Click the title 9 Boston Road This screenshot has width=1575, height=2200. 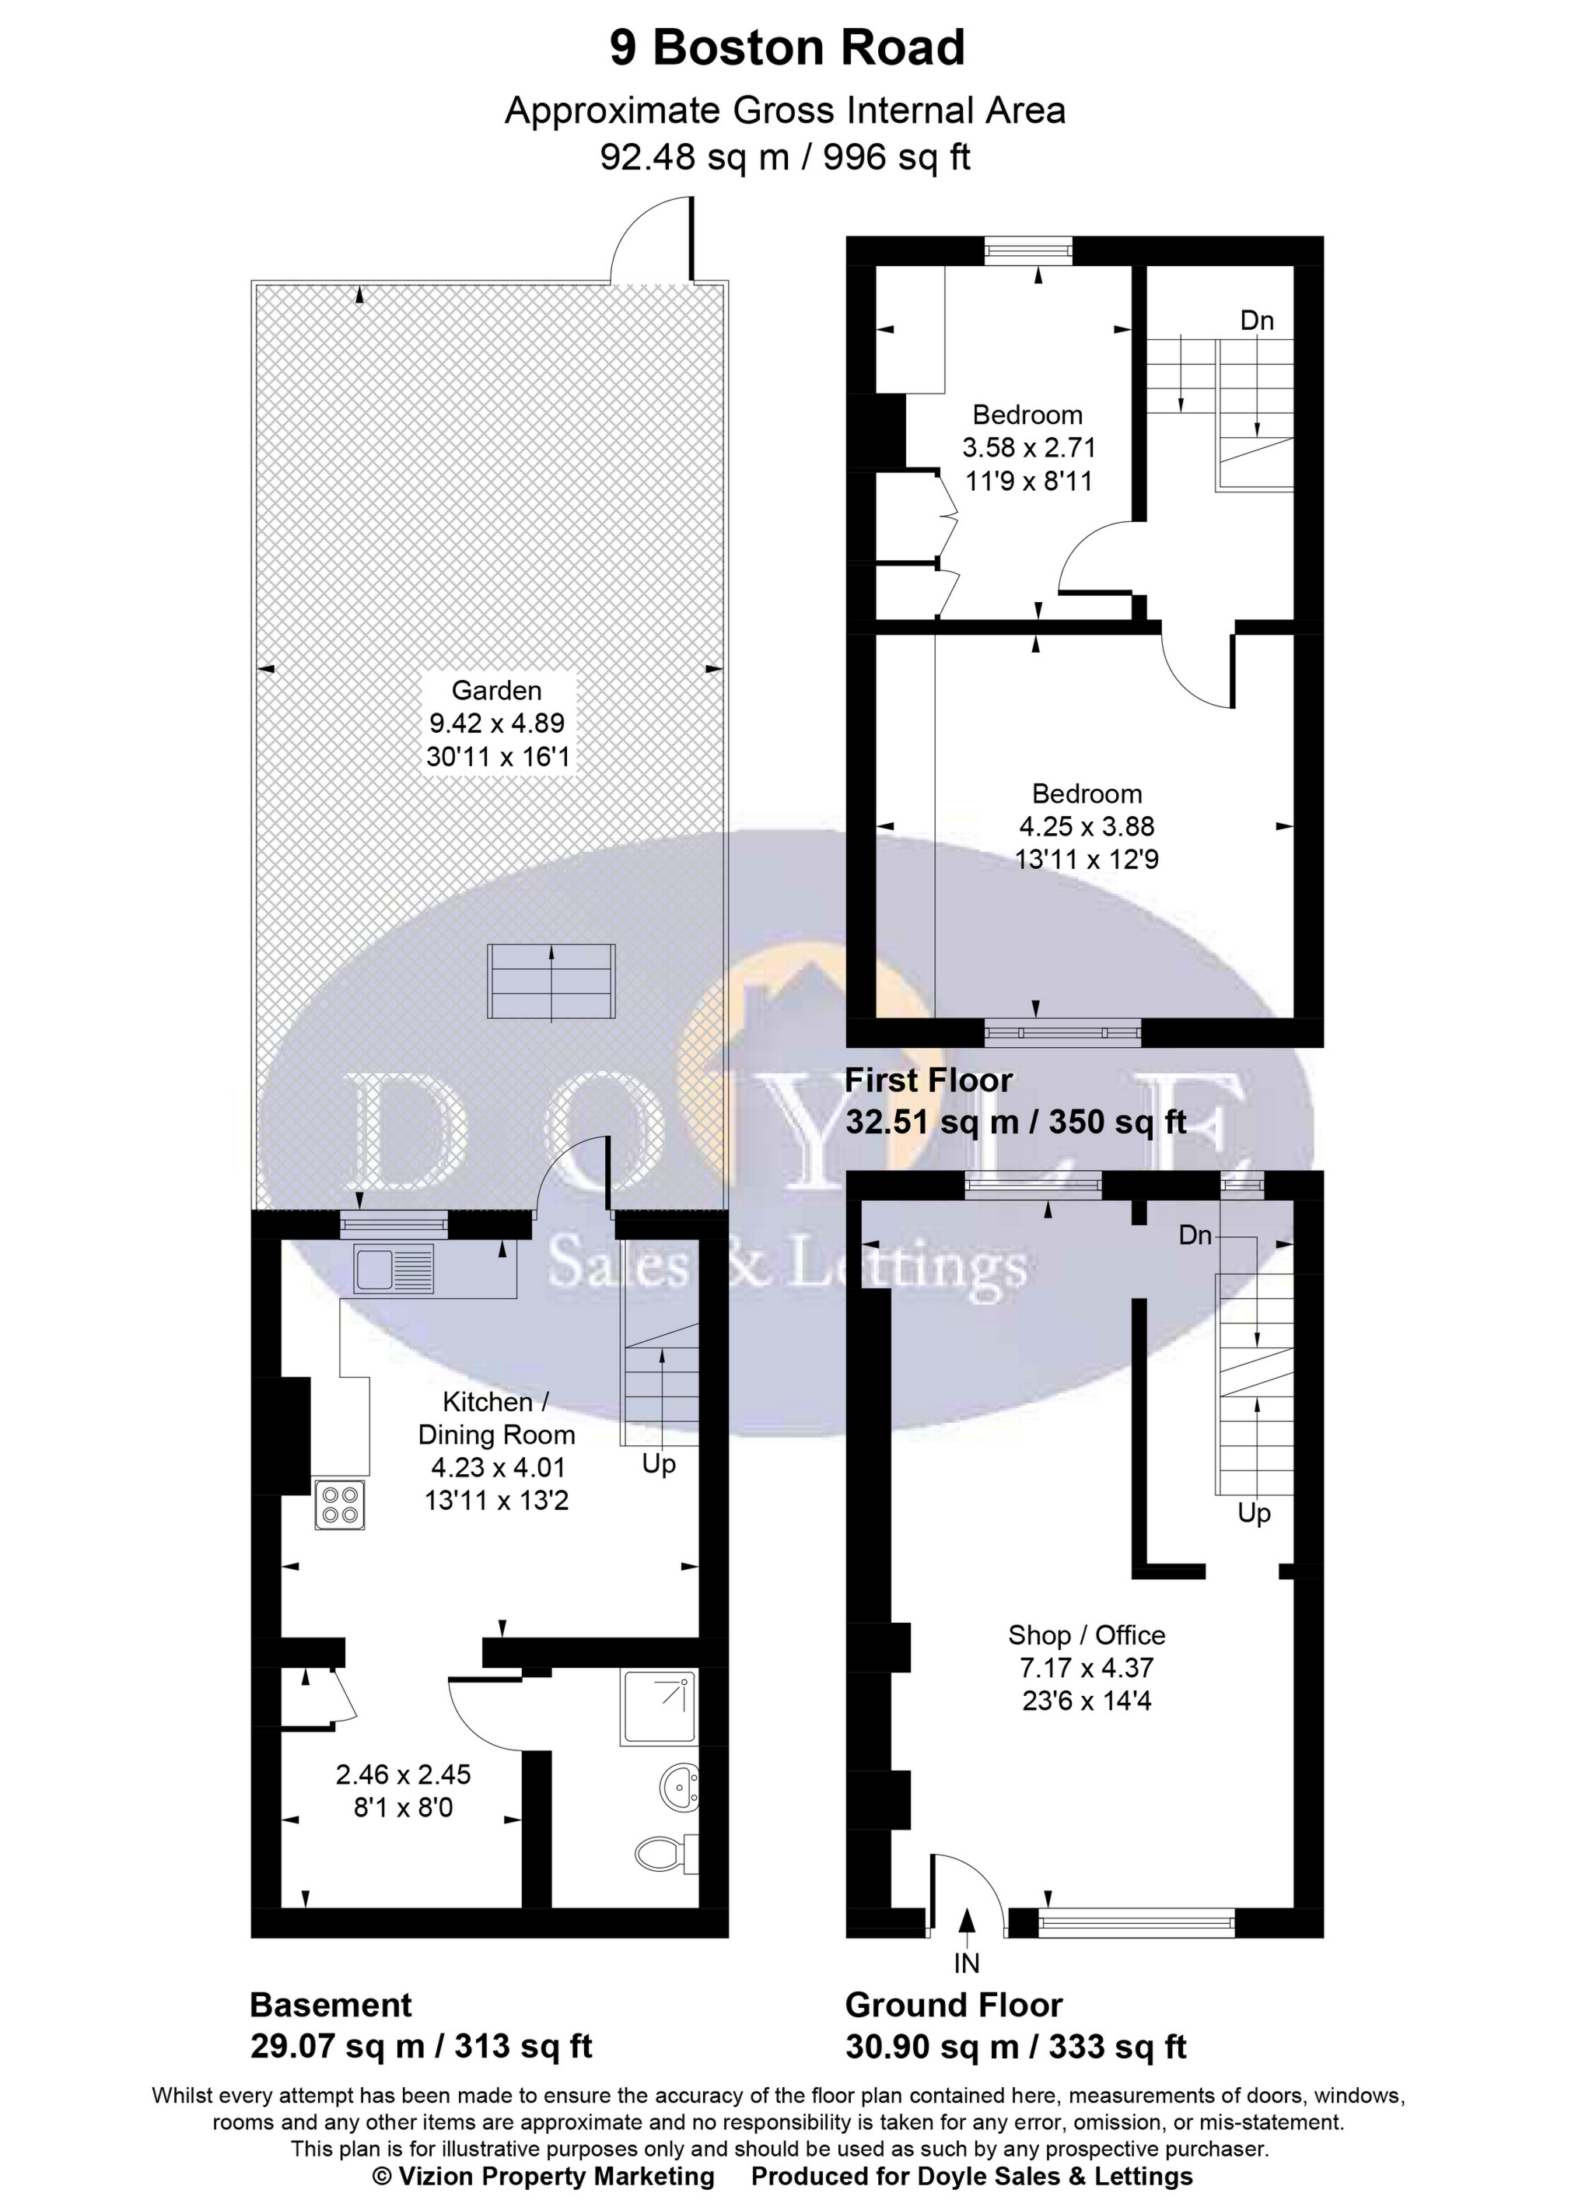786,48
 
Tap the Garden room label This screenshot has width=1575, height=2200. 496,691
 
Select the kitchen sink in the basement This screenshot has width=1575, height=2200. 394,1270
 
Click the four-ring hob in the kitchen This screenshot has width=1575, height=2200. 339,1506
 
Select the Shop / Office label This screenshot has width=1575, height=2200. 1087,1635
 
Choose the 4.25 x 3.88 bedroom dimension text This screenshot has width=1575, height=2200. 1087,826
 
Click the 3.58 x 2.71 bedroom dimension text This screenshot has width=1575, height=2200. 1028,448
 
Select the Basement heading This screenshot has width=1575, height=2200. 331,2005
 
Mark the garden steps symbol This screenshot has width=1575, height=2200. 551,982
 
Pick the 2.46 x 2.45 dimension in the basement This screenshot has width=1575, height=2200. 404,1775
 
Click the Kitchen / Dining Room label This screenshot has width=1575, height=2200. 496,1418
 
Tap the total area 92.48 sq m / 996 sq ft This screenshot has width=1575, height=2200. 786,157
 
